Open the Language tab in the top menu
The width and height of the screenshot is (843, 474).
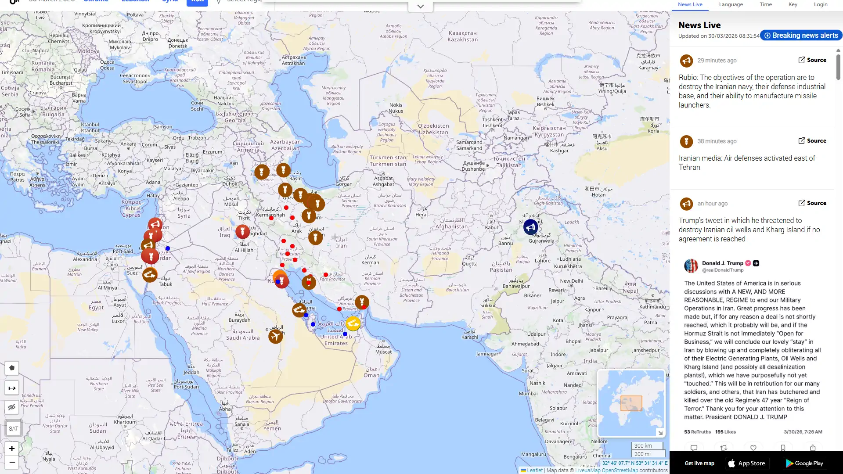(x=731, y=4)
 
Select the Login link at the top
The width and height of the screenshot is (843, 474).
(x=820, y=4)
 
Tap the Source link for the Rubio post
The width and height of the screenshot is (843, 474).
(x=812, y=60)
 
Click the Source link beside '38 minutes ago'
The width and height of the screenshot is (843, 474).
(x=812, y=141)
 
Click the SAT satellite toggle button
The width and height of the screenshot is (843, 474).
(x=13, y=428)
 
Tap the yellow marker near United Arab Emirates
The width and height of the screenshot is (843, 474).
(x=353, y=324)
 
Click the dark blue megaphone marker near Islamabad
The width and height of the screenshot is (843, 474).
(x=530, y=227)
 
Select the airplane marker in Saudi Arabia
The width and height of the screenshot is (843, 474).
(x=275, y=337)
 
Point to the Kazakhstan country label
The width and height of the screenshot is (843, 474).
(x=462, y=36)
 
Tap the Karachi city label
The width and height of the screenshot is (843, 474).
(x=469, y=337)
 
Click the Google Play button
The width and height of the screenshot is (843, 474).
(x=804, y=463)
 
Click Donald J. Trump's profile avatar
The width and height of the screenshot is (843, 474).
(x=691, y=266)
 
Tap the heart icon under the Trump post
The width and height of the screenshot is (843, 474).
(x=753, y=448)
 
